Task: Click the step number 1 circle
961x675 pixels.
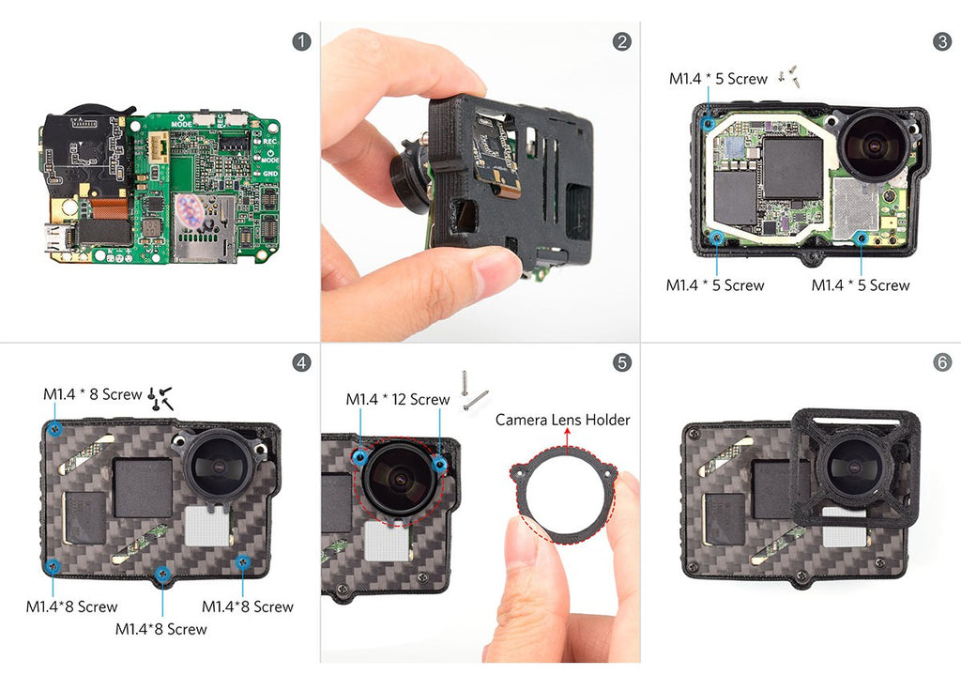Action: [301, 41]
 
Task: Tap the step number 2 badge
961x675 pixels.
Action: [621, 41]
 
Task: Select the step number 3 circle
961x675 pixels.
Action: [942, 41]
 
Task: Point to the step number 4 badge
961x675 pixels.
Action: [301, 362]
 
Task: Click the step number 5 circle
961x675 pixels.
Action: [621, 362]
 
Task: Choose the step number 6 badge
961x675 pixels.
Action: [942, 362]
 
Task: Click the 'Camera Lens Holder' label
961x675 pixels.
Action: [563, 420]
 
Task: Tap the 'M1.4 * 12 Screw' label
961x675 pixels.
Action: [398, 400]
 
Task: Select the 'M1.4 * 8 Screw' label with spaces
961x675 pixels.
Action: [93, 394]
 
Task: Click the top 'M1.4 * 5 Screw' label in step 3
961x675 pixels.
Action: [718, 79]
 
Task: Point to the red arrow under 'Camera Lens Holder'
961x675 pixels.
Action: [568, 440]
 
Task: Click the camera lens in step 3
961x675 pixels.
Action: [875, 146]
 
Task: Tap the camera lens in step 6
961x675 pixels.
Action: [854, 466]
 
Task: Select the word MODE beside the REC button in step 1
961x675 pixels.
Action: [181, 124]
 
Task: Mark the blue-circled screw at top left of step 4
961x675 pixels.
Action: [55, 430]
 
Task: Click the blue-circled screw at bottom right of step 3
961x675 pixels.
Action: [862, 238]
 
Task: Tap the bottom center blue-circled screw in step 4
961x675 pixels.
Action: [162, 575]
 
